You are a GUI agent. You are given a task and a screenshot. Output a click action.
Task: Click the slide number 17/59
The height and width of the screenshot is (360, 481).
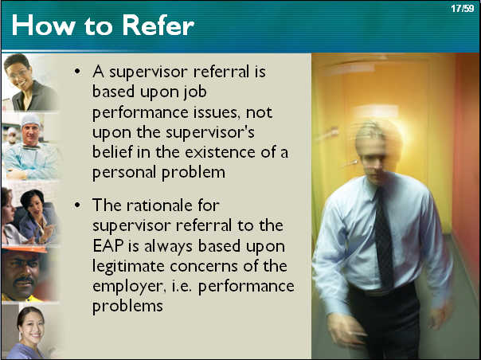(463, 8)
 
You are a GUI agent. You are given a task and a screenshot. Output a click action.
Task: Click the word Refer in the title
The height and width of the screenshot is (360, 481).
(158, 25)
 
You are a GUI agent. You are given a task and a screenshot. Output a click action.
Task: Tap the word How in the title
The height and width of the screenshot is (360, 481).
(43, 25)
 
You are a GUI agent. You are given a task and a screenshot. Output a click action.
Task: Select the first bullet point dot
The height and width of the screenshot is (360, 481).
(77, 72)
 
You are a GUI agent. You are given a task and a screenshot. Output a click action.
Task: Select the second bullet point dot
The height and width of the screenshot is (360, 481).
(77, 205)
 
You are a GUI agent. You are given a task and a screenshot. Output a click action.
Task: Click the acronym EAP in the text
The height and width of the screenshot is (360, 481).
(108, 246)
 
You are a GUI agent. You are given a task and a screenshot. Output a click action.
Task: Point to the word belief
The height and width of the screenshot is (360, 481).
(112, 152)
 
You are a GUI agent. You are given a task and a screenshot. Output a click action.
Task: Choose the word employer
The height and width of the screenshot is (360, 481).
(127, 288)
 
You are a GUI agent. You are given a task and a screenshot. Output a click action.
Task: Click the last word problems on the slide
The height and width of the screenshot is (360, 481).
(127, 307)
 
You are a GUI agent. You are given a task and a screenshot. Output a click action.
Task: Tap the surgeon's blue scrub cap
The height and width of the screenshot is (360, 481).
(30, 119)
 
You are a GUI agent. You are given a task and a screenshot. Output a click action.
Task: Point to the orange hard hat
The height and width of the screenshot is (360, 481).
(25, 248)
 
